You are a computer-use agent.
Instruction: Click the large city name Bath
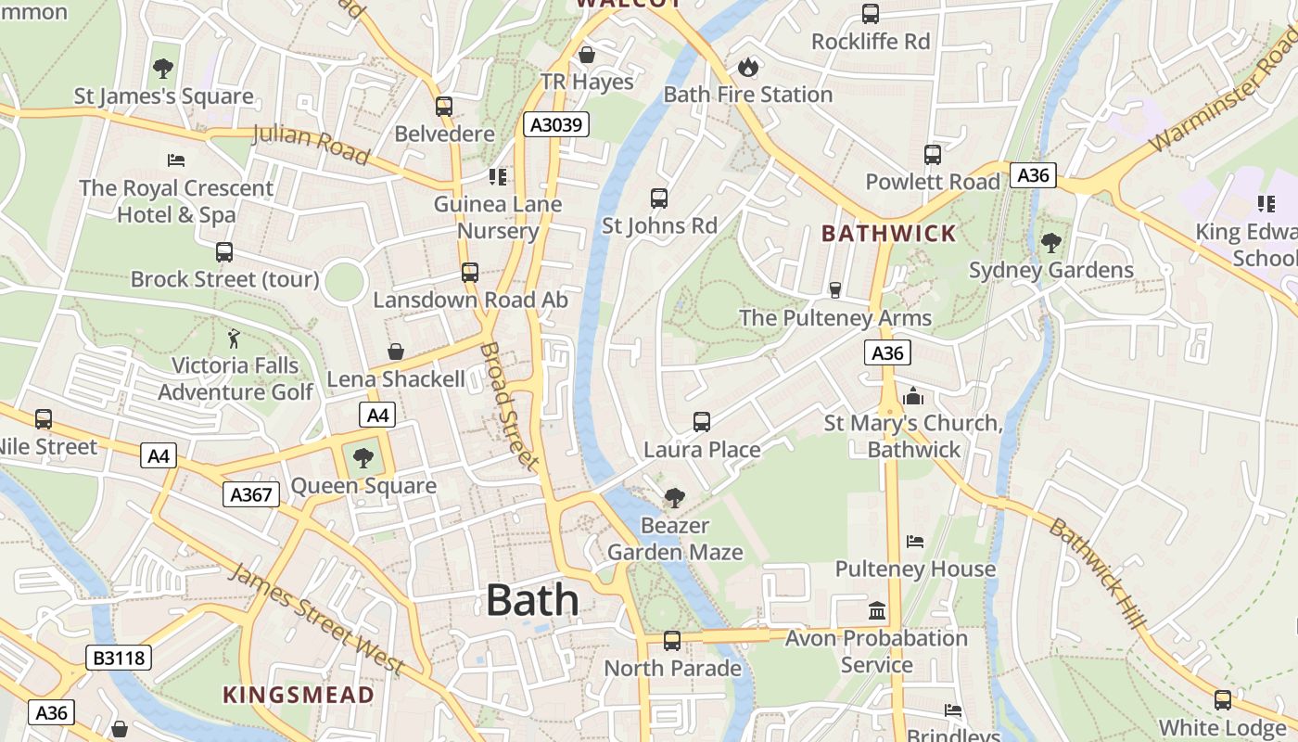[532, 600]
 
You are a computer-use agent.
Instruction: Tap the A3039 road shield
[556, 124]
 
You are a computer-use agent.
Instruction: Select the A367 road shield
[251, 494]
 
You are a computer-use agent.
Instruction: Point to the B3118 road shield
[119, 658]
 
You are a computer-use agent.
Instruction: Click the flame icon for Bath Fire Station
[747, 67]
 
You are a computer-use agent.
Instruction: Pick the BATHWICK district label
[888, 233]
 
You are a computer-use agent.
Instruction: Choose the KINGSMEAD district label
[299, 695]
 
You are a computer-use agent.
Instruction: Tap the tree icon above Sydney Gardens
[1050, 243]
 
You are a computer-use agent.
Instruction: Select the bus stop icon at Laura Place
[702, 422]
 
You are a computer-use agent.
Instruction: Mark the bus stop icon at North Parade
[672, 640]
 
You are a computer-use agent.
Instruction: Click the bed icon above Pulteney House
[915, 541]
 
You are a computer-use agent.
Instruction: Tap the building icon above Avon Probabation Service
[876, 610]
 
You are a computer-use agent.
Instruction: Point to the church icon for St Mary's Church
[913, 396]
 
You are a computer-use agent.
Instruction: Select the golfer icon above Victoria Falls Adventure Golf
[235, 338]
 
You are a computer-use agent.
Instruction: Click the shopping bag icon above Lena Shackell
[396, 352]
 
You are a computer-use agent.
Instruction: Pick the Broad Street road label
[509, 406]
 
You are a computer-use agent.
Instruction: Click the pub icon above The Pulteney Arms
[834, 290]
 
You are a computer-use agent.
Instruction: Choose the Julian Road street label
[311, 143]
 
